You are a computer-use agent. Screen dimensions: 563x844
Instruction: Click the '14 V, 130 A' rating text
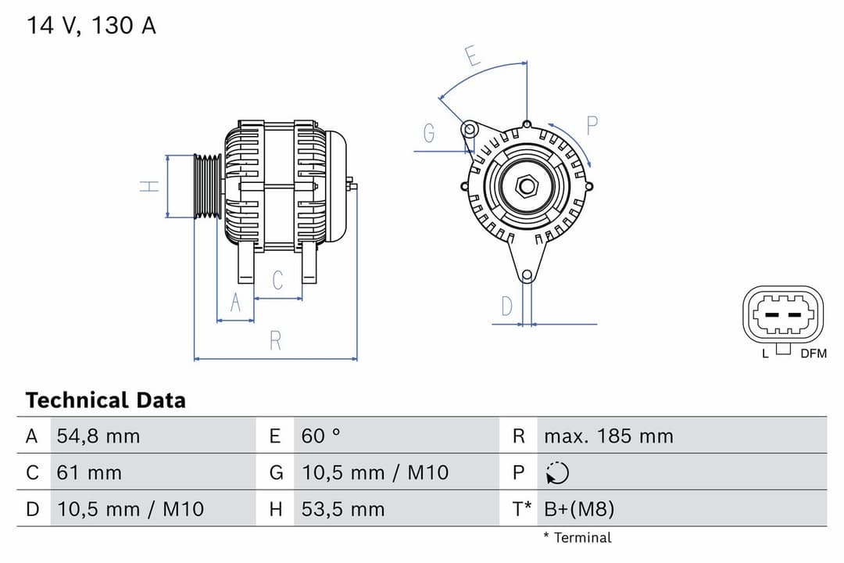[x=91, y=26]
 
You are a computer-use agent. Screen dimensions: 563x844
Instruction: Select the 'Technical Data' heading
[x=105, y=400]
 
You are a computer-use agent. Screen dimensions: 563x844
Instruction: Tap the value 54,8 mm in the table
[x=98, y=436]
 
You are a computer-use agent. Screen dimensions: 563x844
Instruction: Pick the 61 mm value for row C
[x=89, y=472]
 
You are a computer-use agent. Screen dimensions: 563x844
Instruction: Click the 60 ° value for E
[x=321, y=436]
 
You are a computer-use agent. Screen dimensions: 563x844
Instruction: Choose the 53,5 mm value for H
[x=343, y=510]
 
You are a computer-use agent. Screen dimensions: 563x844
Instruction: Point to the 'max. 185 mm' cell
[x=608, y=436]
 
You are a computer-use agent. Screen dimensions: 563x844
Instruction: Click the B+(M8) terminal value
[x=579, y=510]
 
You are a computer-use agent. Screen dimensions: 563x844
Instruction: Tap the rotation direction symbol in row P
[x=557, y=473]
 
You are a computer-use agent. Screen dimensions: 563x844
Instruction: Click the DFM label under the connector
[x=813, y=353]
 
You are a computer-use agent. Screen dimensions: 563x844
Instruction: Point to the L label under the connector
[x=766, y=353]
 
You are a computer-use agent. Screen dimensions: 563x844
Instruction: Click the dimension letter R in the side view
[x=275, y=341]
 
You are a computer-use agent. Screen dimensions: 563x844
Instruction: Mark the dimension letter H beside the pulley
[x=149, y=186]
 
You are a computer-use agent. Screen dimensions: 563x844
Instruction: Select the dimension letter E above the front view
[x=471, y=56]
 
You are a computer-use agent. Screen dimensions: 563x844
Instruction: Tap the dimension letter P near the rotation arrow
[x=592, y=125]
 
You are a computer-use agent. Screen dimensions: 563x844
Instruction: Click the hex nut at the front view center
[x=527, y=186]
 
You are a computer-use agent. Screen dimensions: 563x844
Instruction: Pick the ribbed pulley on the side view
[x=208, y=186]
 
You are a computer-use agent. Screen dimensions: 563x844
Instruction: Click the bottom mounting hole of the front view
[x=527, y=275]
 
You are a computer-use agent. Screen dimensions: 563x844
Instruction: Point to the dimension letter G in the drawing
[x=429, y=134]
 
